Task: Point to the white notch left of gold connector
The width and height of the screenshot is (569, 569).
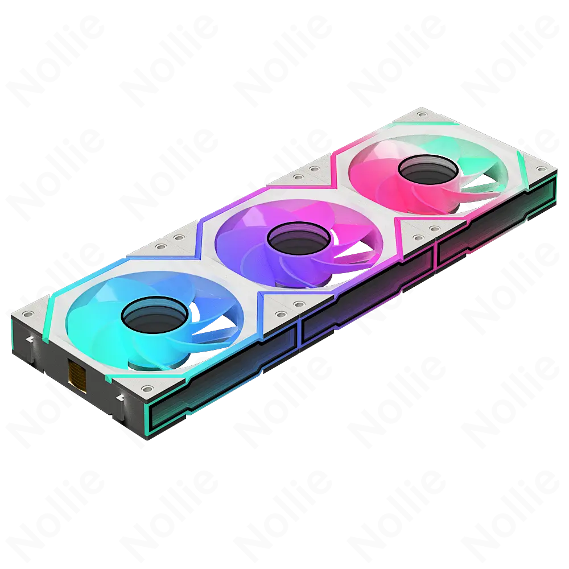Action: click(x=27, y=340)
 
